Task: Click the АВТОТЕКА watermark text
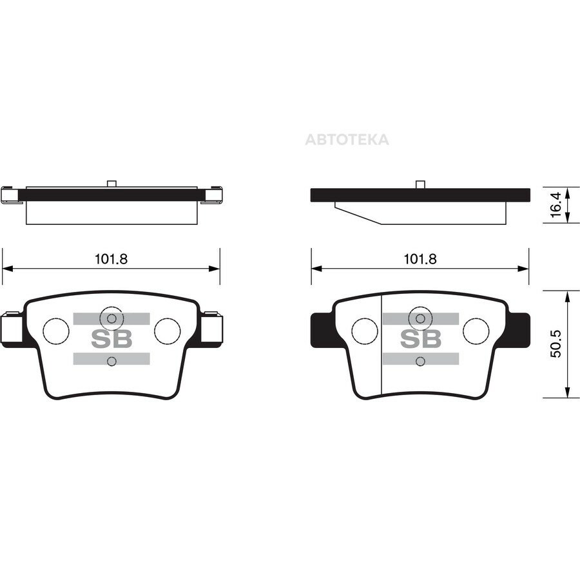(x=347, y=140)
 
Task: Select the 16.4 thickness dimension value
(x=556, y=205)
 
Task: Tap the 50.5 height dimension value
(x=556, y=344)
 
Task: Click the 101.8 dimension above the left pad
(x=111, y=259)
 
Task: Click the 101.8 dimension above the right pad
(x=420, y=259)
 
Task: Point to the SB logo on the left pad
(x=111, y=339)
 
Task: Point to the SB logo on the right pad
(x=421, y=339)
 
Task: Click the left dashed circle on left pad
(x=56, y=331)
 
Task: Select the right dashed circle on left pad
(x=167, y=331)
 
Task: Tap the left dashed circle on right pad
(x=365, y=331)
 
